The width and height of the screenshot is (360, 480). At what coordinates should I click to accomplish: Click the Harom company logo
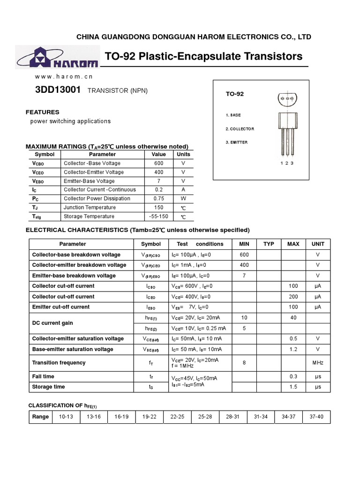pyautogui.click(x=57, y=57)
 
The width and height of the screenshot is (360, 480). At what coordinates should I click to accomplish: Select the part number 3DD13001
pyautogui.click(x=58, y=90)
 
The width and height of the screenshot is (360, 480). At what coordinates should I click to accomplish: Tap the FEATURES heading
pyautogui.click(x=42, y=112)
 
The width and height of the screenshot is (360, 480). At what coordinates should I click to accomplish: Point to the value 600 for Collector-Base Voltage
pyautogui.click(x=158, y=163)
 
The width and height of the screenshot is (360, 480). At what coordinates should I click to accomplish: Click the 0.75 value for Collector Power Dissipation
pyautogui.click(x=158, y=198)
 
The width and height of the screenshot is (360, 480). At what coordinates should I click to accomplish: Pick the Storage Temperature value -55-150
pyautogui.click(x=158, y=216)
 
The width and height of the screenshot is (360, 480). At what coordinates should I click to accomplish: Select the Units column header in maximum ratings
pyautogui.click(x=183, y=154)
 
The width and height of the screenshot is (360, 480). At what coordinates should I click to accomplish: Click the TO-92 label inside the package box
pyautogui.click(x=235, y=94)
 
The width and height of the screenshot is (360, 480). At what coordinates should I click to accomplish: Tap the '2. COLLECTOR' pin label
pyautogui.click(x=240, y=129)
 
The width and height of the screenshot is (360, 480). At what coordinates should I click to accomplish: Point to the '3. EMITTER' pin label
pyautogui.click(x=237, y=142)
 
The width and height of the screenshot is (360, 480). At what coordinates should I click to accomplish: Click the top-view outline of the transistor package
pyautogui.click(x=287, y=99)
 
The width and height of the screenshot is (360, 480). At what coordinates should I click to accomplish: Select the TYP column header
pyautogui.click(x=269, y=244)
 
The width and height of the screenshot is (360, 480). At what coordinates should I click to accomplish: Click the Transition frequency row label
pyautogui.click(x=59, y=362)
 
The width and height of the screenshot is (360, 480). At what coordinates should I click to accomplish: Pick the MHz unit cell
pyautogui.click(x=318, y=362)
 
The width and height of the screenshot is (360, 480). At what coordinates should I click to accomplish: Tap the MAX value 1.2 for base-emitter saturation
pyautogui.click(x=293, y=349)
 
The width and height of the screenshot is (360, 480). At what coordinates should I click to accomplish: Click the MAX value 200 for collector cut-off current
pyautogui.click(x=293, y=296)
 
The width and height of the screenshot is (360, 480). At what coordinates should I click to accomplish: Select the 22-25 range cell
pyautogui.click(x=177, y=417)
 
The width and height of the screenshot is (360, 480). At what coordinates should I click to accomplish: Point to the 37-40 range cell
pyautogui.click(x=316, y=417)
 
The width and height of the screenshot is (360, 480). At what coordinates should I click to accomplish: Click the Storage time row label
pyautogui.click(x=48, y=387)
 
